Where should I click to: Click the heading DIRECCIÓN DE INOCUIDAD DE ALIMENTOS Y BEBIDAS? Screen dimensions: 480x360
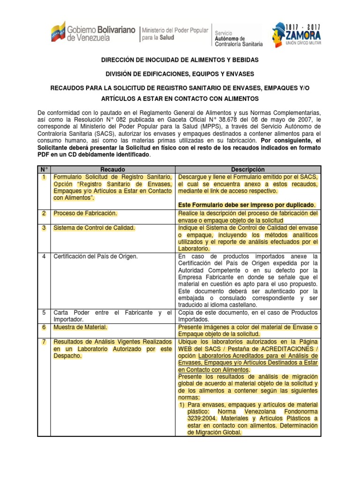pyautogui.click(x=180, y=61)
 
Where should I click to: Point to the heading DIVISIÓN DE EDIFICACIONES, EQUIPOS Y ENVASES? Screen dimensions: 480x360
pyautogui.click(x=180, y=74)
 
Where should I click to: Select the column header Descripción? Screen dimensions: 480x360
pyautogui.click(x=247, y=170)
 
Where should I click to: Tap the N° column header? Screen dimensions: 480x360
pyautogui.click(x=44, y=170)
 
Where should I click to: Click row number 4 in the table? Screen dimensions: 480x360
pyautogui.click(x=43, y=256)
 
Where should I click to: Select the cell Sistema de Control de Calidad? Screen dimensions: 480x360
pyautogui.click(x=94, y=228)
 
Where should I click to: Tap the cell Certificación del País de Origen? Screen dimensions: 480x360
pyautogui.click(x=96, y=256)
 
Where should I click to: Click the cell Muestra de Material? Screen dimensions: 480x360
pyautogui.click(x=81, y=327)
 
